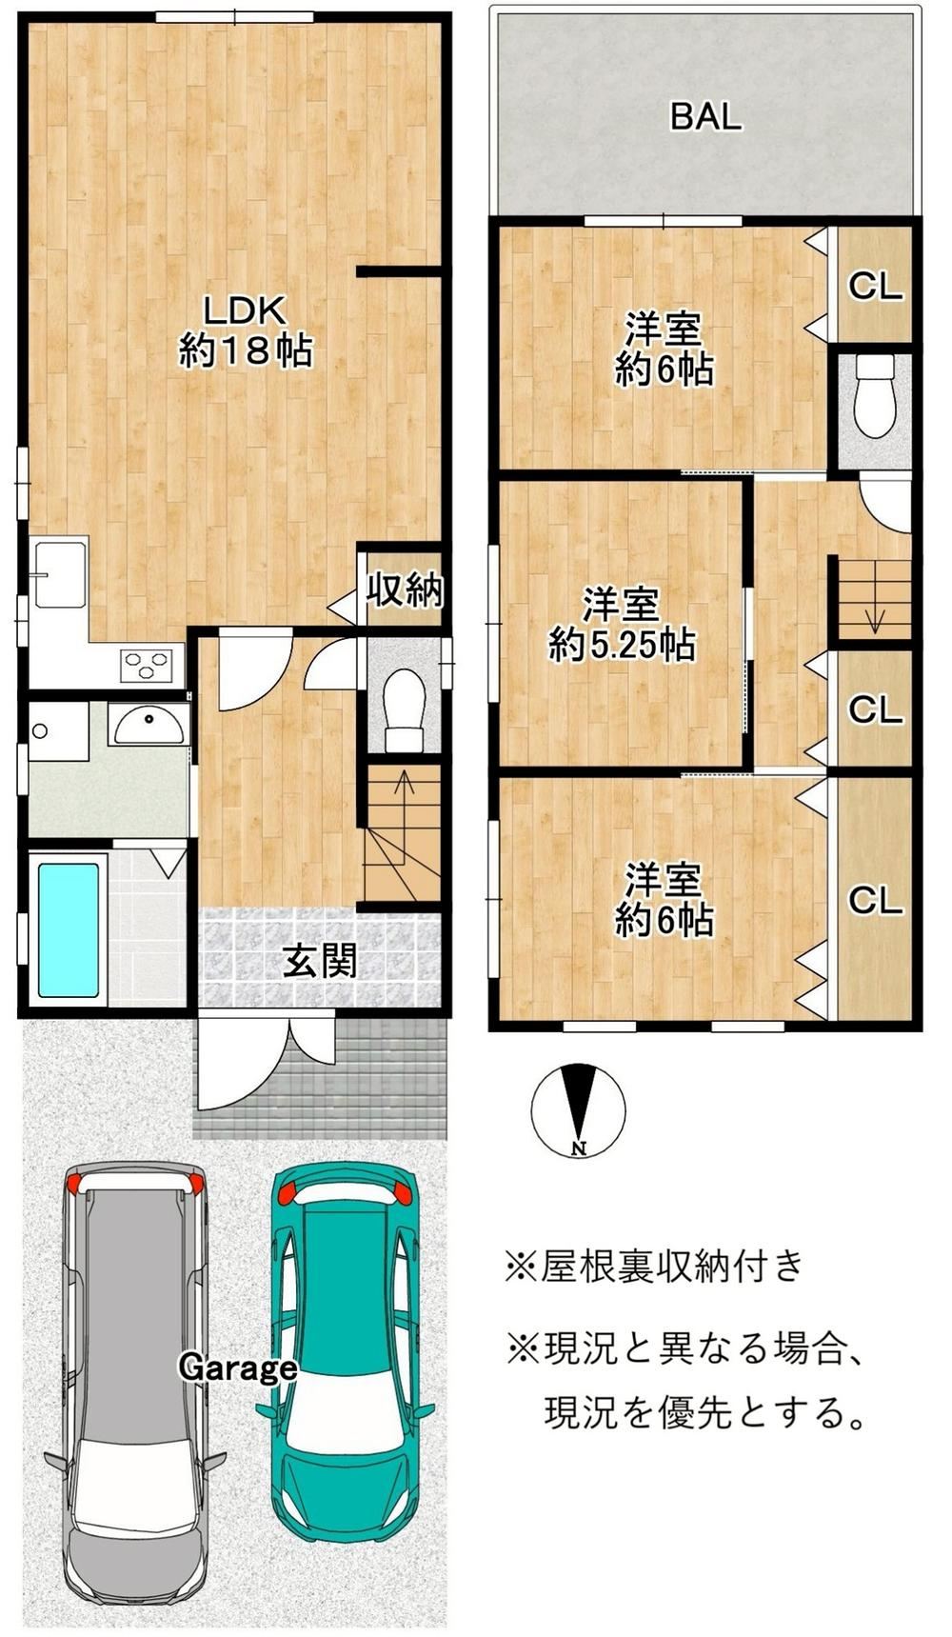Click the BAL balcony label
[x=705, y=116]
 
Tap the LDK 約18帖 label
[x=246, y=330]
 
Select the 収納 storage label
[x=405, y=590]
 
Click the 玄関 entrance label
[x=320, y=962]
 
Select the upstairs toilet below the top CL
[x=875, y=396]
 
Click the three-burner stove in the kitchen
[x=146, y=664]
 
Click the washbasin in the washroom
[x=147, y=727]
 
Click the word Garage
[x=238, y=1369]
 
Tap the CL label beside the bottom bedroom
[x=875, y=900]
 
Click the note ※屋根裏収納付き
[x=655, y=1266]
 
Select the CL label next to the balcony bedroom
[x=875, y=286]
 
